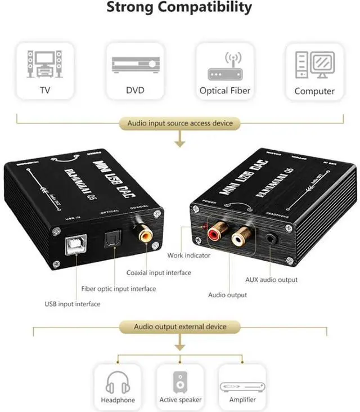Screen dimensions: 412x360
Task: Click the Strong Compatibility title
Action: [x=179, y=7]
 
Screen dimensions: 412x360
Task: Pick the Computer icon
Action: [x=314, y=64]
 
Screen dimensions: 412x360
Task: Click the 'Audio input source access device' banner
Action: [x=179, y=123]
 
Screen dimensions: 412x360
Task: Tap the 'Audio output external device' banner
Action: [x=179, y=326]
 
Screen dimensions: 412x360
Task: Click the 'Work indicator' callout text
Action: [x=188, y=256]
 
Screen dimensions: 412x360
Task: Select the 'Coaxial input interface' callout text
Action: [x=159, y=272]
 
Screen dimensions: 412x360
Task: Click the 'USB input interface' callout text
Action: [x=73, y=304]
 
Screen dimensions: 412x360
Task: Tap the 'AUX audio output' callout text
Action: [x=271, y=280]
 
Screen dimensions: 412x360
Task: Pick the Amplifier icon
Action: [x=242, y=386]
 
